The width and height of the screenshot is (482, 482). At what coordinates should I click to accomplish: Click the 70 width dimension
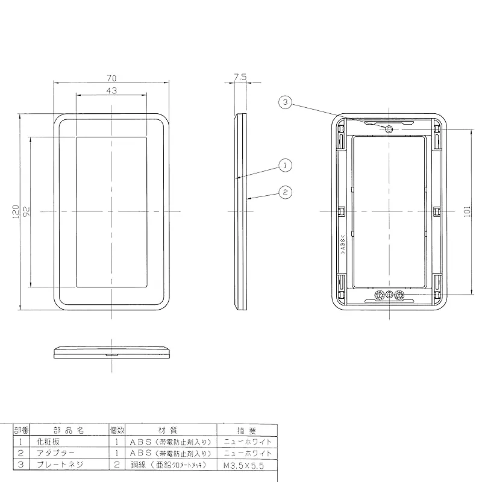point(111,78)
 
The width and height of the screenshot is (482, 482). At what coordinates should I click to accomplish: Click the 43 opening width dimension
point(111,91)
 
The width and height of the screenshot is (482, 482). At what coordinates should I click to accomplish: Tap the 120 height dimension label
point(16,212)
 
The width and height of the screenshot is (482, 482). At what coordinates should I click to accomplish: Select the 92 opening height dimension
point(27,211)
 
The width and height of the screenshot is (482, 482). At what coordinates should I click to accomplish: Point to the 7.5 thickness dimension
point(240,77)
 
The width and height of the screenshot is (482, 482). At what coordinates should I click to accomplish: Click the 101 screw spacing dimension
point(468,211)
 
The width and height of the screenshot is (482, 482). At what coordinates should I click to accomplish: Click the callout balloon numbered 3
point(285,102)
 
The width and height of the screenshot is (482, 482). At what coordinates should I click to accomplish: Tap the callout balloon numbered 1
point(285,165)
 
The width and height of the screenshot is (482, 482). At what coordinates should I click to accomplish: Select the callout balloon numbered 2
point(285,192)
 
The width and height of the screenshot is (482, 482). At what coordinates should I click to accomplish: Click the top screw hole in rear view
point(389,129)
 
